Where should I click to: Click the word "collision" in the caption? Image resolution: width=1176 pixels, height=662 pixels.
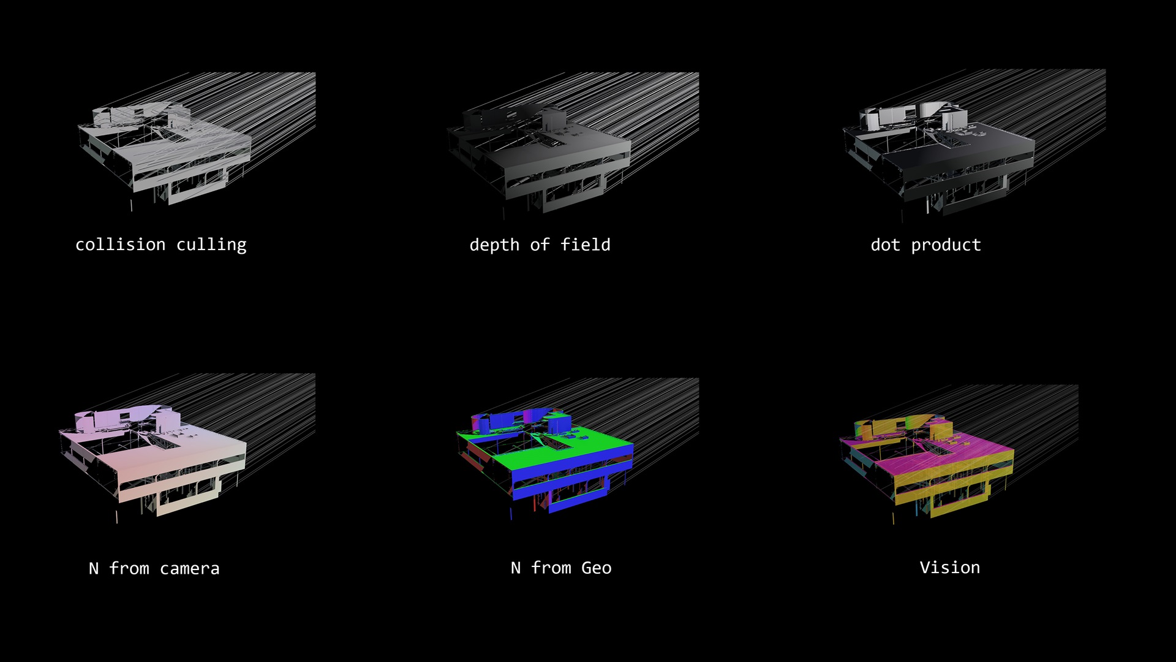coord(120,245)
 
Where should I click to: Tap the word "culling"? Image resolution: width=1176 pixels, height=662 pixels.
coord(211,245)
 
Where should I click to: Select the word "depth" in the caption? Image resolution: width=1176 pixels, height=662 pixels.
coord(494,245)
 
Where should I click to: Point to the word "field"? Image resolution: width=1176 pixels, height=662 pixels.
coord(586,245)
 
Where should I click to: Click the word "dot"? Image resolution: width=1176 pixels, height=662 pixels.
coord(886,245)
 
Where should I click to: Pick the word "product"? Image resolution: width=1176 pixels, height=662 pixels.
coord(946,245)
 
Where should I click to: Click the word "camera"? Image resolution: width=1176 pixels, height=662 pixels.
coord(190,569)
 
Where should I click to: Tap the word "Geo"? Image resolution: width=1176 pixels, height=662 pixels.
coord(597,568)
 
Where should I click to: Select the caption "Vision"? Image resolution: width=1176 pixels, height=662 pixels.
coord(950,568)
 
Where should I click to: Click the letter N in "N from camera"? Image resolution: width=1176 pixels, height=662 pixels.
coord(94,569)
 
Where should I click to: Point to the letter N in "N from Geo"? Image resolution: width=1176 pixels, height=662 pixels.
coord(516,568)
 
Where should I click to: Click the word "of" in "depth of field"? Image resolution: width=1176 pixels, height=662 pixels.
coord(540,245)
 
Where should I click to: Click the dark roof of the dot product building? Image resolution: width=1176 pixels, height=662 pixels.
coord(968,144)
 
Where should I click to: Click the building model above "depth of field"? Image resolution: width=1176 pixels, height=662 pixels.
coord(539,156)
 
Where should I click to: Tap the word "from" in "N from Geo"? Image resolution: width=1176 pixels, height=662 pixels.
coord(551,568)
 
